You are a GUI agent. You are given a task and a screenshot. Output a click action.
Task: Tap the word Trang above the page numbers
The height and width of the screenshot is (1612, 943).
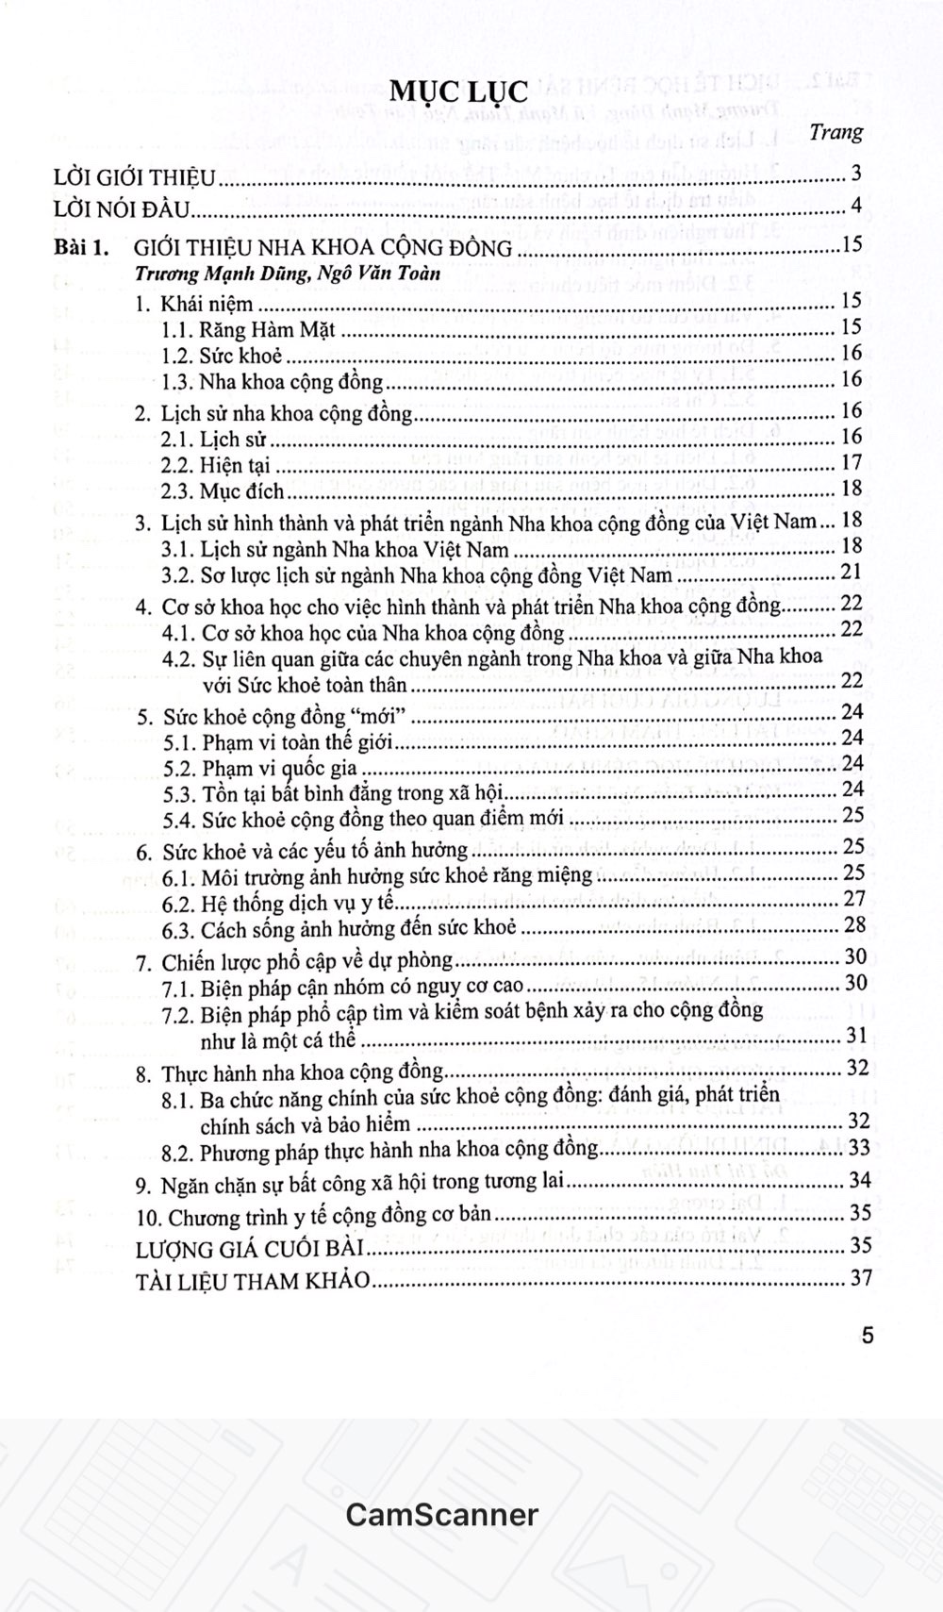point(835,132)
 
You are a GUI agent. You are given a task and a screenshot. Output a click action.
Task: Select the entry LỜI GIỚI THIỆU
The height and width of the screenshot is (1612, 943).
point(135,177)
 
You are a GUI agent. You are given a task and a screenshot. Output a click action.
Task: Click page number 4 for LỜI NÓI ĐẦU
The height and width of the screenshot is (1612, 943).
point(855,206)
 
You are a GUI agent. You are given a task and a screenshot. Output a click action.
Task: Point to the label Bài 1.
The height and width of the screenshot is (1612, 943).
point(82,248)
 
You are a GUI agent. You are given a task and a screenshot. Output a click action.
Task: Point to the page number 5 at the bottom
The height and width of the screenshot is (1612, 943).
point(868,1336)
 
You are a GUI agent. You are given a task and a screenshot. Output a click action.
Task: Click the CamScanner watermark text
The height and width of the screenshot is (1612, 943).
point(441,1514)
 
